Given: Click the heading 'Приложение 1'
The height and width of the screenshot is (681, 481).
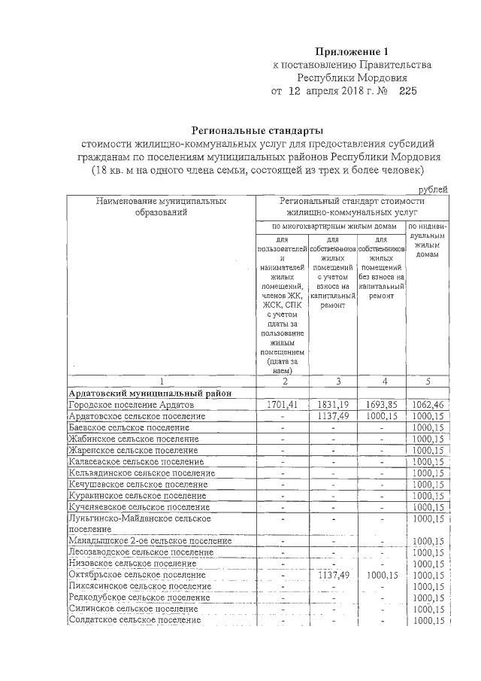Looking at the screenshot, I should tap(352, 52).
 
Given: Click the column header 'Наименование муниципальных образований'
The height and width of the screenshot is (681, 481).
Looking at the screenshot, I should tap(161, 207).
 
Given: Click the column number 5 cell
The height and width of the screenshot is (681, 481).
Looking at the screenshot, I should tap(427, 381).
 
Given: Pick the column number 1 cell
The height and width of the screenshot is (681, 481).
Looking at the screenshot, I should tap(161, 381).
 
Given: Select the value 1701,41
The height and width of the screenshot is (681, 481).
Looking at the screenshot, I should tap(282, 405).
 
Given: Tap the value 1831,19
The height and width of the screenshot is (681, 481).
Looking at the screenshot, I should tap(331, 405).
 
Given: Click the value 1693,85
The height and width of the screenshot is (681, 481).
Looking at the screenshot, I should tap(381, 405).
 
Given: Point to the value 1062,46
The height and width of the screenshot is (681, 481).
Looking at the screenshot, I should tap(428, 405).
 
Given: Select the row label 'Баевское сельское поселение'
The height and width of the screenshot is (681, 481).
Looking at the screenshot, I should tap(129, 427).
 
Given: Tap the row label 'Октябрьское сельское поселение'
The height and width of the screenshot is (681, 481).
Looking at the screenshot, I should tap(136, 575).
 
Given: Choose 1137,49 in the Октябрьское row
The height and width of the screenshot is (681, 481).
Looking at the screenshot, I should tap(331, 575).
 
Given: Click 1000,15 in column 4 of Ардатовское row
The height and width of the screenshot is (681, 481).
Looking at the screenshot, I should tap(381, 416).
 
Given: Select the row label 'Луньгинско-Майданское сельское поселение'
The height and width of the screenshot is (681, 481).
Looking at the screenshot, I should tap(139, 524).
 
